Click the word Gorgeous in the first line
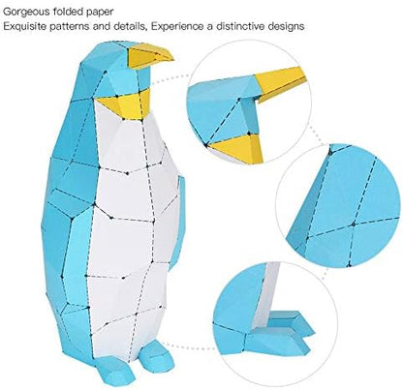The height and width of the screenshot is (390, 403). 26,13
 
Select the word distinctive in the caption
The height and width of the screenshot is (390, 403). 240,26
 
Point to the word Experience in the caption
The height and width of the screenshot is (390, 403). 177,26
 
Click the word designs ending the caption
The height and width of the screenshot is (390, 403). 286,26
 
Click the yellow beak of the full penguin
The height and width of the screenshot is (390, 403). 149,56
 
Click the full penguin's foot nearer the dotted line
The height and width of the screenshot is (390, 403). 157,355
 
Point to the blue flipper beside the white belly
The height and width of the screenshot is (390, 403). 177,223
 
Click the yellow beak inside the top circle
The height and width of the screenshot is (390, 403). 280,83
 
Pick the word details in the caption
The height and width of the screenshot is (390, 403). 129,26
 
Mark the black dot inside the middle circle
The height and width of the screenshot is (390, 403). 354,224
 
